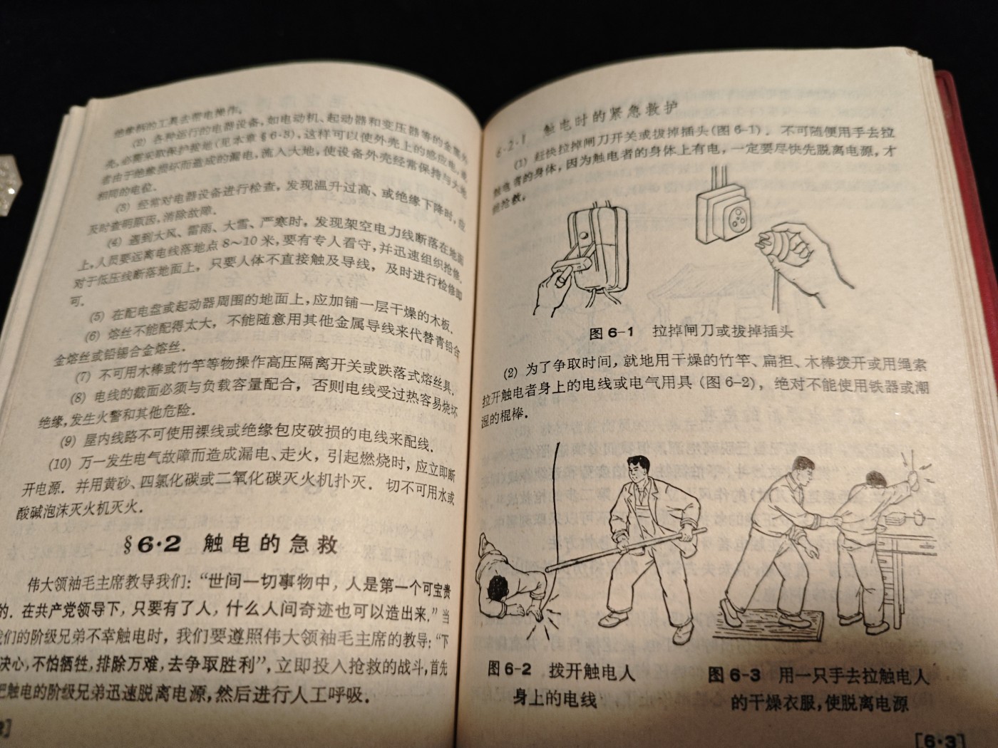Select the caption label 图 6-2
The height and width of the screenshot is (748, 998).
point(510,669)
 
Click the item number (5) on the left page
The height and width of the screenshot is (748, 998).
point(95,314)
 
